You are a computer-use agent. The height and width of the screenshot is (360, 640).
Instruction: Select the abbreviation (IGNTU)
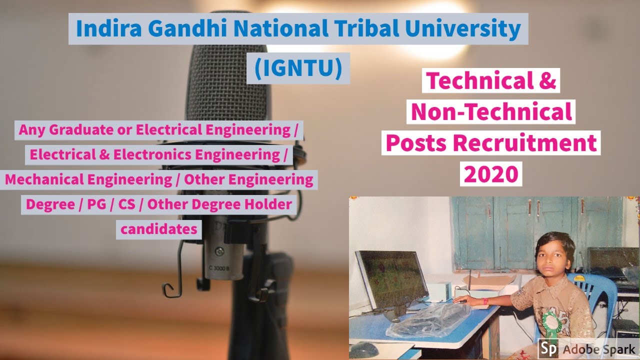click(298, 69)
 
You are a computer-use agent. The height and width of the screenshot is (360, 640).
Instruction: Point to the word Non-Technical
click(491, 111)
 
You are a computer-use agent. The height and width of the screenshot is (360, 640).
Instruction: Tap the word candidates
click(159, 229)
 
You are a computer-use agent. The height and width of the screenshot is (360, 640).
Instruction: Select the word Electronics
click(152, 154)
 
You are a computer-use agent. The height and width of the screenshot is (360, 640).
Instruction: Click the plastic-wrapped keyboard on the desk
click(429, 320)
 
